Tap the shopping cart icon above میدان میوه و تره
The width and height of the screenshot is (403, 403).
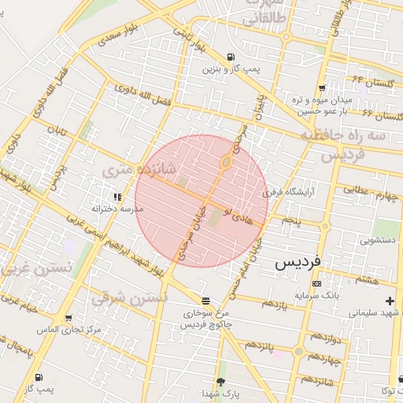pyautogui.click(x=321, y=87)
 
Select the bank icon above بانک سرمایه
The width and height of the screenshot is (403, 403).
pyautogui.click(x=316, y=283)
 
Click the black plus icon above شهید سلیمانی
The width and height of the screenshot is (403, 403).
pyautogui.click(x=390, y=301)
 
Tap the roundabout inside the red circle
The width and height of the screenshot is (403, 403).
pyautogui.click(x=226, y=163)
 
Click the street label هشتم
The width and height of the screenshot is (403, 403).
pyautogui.click(x=367, y=279)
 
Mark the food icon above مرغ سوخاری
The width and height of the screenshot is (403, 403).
pyautogui.click(x=206, y=301)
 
